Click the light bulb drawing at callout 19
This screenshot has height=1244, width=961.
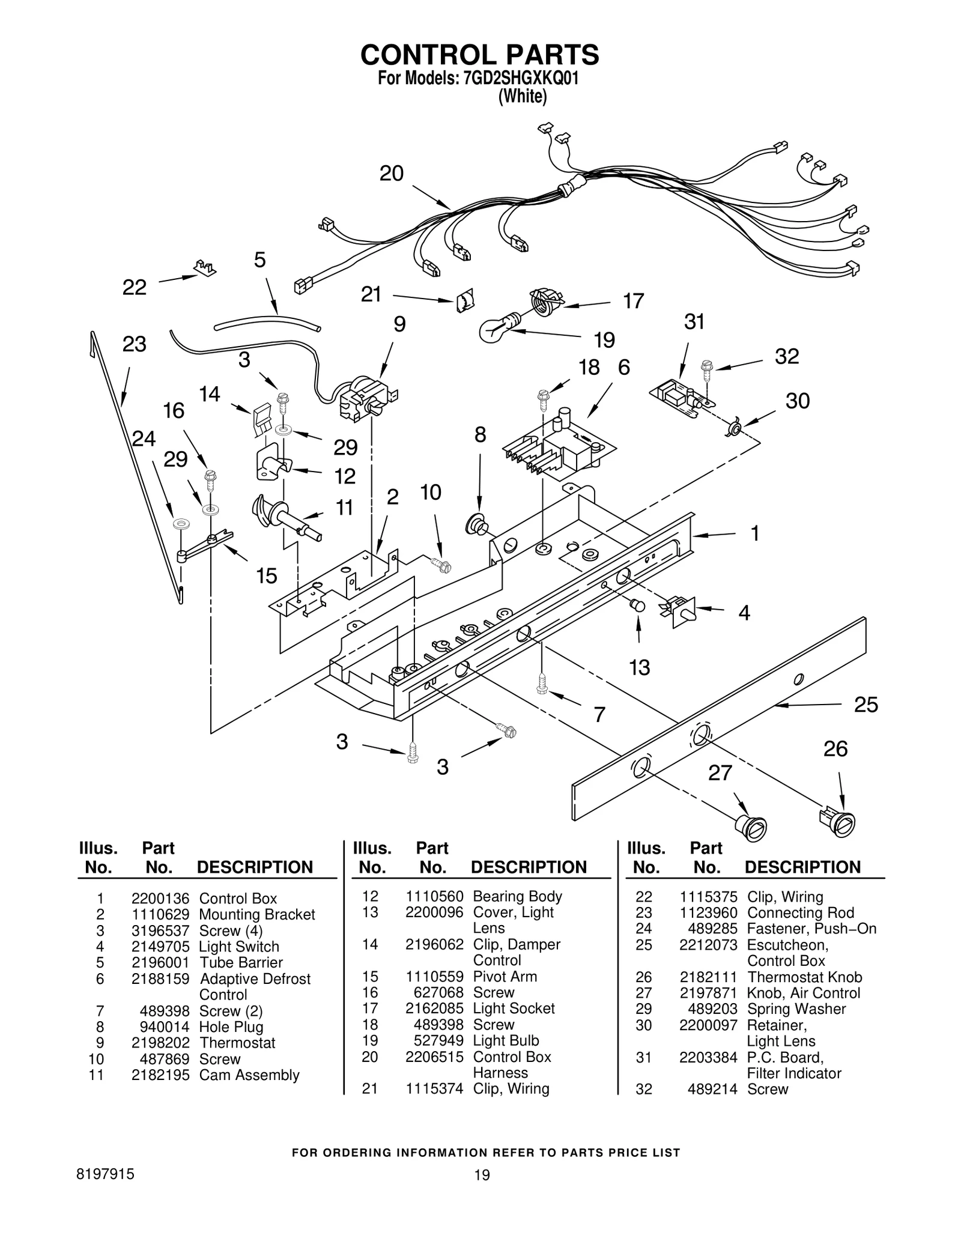click(496, 329)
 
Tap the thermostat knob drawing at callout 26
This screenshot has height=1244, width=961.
click(837, 822)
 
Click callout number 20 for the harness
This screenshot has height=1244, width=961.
click(391, 174)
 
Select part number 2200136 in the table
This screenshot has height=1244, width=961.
click(160, 899)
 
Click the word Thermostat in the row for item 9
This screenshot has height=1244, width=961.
click(237, 1042)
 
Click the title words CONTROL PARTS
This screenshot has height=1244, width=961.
click(479, 55)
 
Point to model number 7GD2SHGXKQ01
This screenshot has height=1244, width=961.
click(521, 80)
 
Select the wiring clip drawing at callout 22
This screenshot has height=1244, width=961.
click(205, 268)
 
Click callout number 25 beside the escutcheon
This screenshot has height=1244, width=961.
click(866, 704)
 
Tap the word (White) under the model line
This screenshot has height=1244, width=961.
click(523, 97)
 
